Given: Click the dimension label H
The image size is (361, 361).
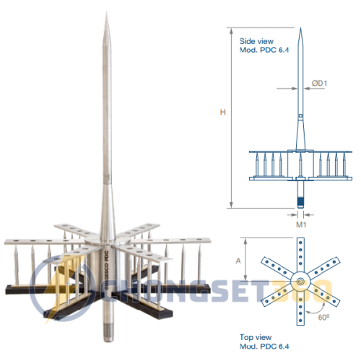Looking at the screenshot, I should point(224,111).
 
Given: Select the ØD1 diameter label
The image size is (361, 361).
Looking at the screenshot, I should point(320,83).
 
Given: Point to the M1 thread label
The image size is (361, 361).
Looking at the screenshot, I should point(300,223).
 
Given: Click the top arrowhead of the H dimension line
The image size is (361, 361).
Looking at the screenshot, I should point(231,30).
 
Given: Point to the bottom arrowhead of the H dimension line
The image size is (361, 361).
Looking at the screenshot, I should point(231,207).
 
